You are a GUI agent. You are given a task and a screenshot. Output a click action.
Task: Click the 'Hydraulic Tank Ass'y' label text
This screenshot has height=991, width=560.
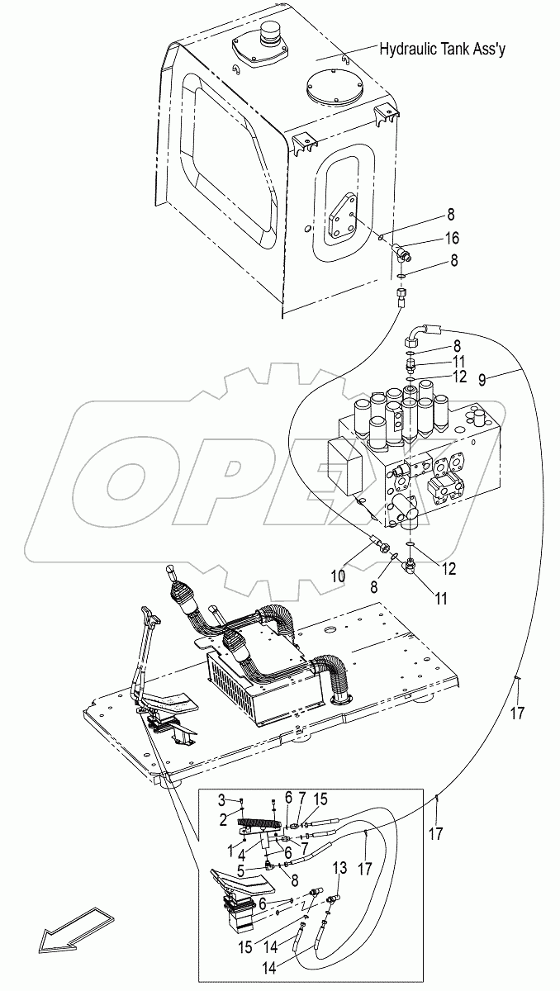[443, 50]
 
